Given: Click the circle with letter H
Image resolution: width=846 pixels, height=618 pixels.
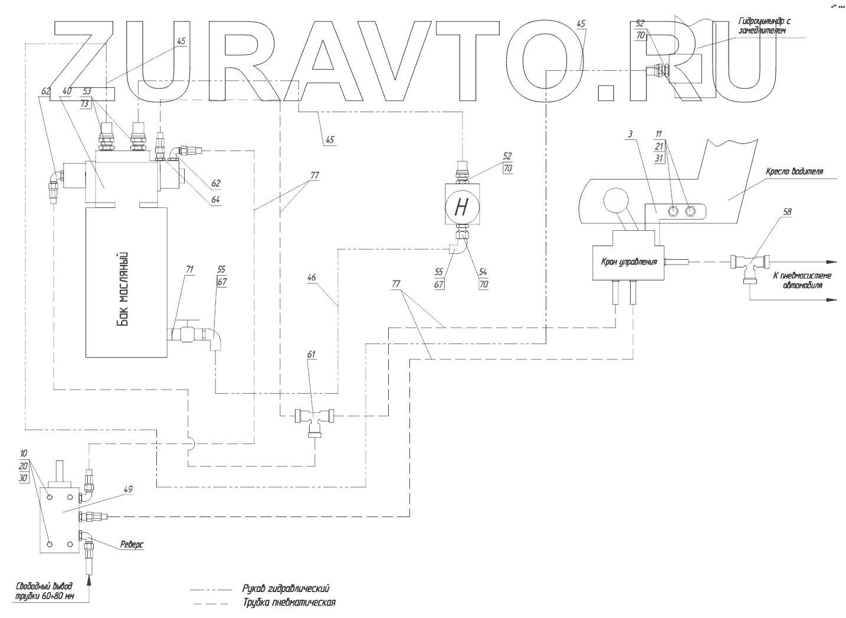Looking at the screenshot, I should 462,206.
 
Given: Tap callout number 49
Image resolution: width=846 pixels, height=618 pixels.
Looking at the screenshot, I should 129,489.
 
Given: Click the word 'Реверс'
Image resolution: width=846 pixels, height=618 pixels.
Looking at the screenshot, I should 132,544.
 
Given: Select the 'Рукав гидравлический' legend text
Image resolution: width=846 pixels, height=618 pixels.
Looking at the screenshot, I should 285,588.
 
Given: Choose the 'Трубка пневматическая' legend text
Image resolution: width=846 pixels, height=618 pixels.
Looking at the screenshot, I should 288,603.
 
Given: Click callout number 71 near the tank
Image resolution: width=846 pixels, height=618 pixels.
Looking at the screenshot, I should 189,269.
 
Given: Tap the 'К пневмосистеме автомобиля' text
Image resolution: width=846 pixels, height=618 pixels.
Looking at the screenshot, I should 803,280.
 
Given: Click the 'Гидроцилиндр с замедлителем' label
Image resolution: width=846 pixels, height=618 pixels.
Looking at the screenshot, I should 763,27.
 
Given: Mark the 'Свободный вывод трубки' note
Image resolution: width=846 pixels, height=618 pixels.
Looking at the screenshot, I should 45,591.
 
